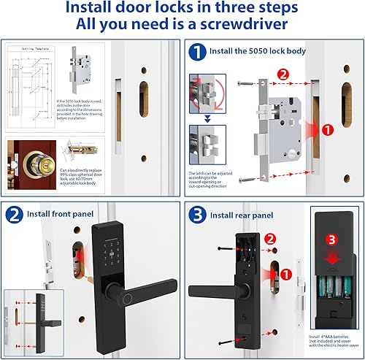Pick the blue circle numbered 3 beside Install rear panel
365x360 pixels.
tap(196, 214)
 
